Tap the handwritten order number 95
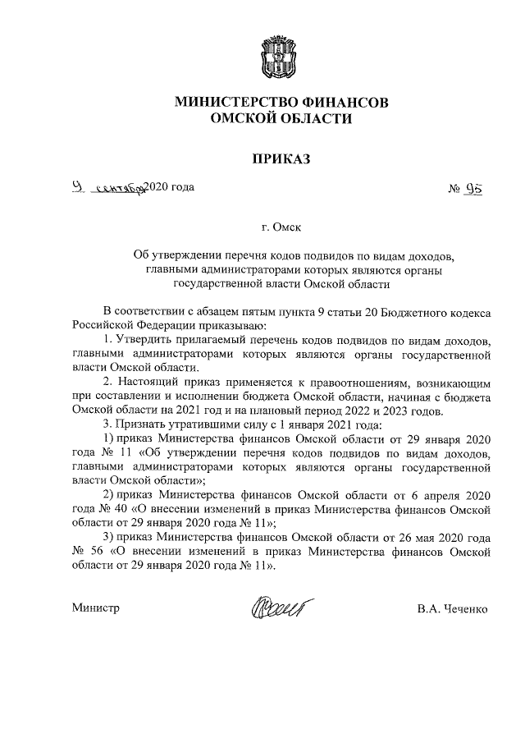472,189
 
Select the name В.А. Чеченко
453,608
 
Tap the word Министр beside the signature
95,608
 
